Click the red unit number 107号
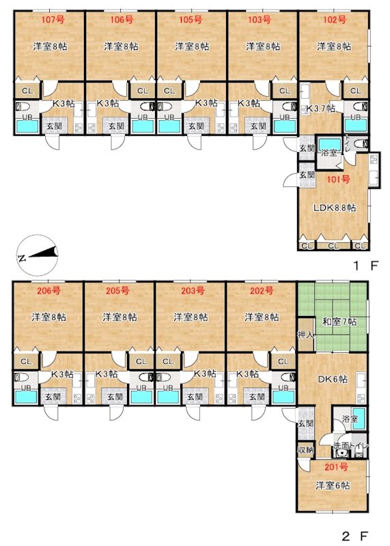click(53, 20)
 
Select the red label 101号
click(338, 179)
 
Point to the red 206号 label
click(48, 291)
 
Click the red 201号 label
click(336, 467)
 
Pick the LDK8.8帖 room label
click(335, 208)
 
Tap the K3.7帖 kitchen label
click(320, 109)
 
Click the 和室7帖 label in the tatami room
click(339, 321)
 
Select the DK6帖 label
click(333, 379)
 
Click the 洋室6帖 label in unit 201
click(333, 485)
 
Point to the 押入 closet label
click(306, 335)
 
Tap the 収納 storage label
click(305, 450)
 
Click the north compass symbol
click(38, 255)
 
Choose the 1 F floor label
click(365, 266)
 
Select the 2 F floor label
click(355, 535)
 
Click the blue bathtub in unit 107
click(27, 126)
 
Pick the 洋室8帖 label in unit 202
click(262, 317)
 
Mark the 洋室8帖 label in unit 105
click(192, 46)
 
